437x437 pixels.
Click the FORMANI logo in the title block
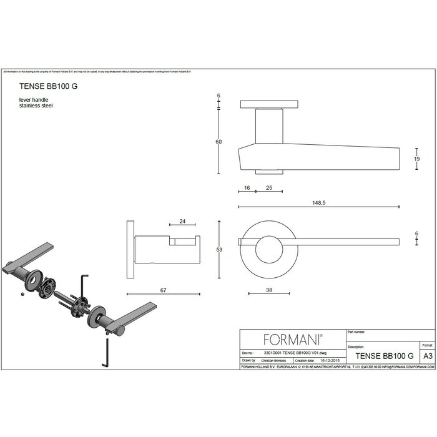click(x=292, y=340)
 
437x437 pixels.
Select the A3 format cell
click(x=428, y=355)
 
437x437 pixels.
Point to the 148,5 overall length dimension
click(x=320, y=201)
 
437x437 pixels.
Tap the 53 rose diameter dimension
click(x=219, y=250)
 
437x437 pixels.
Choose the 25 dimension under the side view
click(x=269, y=187)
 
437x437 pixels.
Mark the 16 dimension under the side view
click(x=247, y=187)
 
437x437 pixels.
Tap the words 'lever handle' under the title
click(x=34, y=101)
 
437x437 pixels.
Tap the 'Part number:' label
click(x=356, y=333)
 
